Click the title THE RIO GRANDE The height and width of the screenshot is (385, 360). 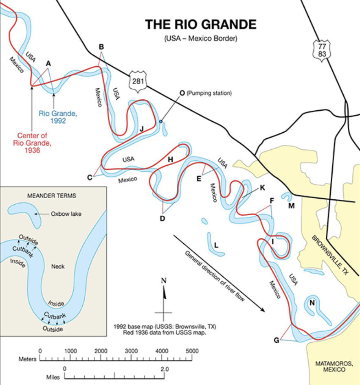click(x=201, y=24)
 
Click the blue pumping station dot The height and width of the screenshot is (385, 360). click(x=161, y=121)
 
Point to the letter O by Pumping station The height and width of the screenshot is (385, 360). click(x=182, y=93)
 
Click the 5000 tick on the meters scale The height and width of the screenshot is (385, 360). click(x=192, y=351)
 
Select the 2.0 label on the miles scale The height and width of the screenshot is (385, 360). click(x=164, y=369)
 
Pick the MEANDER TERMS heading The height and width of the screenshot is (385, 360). click(x=51, y=195)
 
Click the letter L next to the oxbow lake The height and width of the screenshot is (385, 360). click(x=217, y=245)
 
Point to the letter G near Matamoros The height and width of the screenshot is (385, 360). click(x=277, y=340)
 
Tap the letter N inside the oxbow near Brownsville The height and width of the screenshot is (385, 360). click(x=312, y=303)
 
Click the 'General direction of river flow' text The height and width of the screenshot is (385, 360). click(x=215, y=276)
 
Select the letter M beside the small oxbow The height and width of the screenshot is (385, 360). click(x=291, y=206)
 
